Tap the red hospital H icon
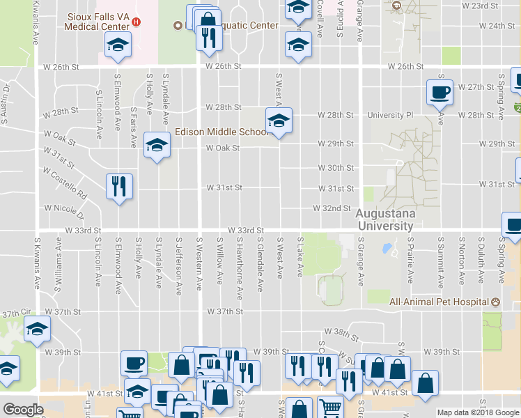(137, 22)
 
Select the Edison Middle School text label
(220, 132)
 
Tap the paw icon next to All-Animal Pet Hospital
(495, 302)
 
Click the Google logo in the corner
(23, 410)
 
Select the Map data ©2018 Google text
(478, 412)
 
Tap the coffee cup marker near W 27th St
(440, 93)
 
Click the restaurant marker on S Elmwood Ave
(119, 186)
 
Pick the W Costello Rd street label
(65, 180)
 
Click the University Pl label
(390, 114)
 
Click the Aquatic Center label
(240, 26)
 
